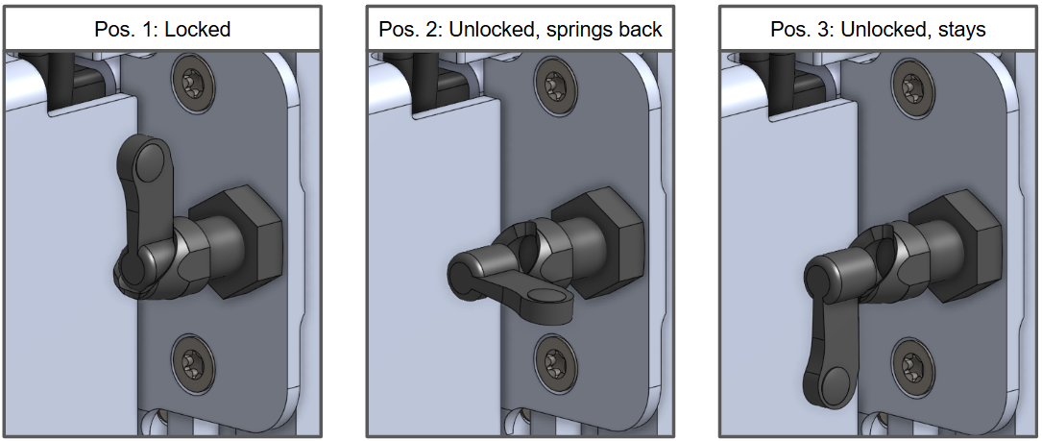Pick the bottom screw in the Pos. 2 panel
click(552, 354)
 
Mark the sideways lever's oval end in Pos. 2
click(549, 297)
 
